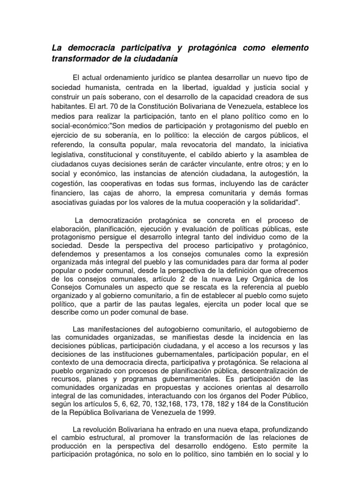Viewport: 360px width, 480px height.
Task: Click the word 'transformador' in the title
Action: tap(76, 59)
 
